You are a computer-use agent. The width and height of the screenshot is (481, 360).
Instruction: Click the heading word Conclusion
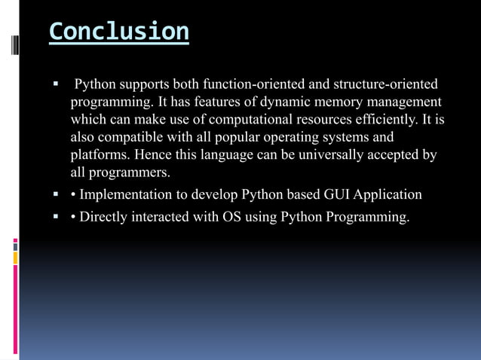118,32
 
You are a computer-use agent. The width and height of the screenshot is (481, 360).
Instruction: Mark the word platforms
99,155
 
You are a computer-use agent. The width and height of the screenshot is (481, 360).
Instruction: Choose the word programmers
129,173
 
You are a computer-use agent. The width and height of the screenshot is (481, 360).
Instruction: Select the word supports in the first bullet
144,83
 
